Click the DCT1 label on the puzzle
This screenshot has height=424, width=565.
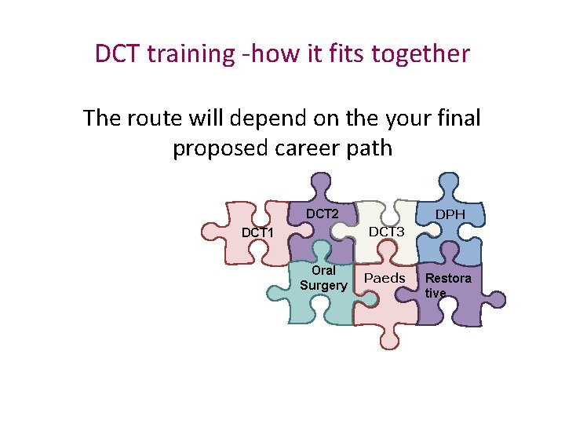pyautogui.click(x=257, y=233)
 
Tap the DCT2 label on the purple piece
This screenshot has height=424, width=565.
pyautogui.click(x=322, y=214)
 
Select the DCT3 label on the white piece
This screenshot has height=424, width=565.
pyautogui.click(x=386, y=232)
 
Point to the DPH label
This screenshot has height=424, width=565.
pyautogui.click(x=450, y=214)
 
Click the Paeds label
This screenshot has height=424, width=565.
pyautogui.click(x=385, y=279)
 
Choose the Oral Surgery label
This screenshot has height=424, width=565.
pyautogui.click(x=323, y=278)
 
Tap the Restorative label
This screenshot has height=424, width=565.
pyautogui.click(x=448, y=286)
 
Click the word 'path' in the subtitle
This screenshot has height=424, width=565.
pyautogui.click(x=368, y=148)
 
